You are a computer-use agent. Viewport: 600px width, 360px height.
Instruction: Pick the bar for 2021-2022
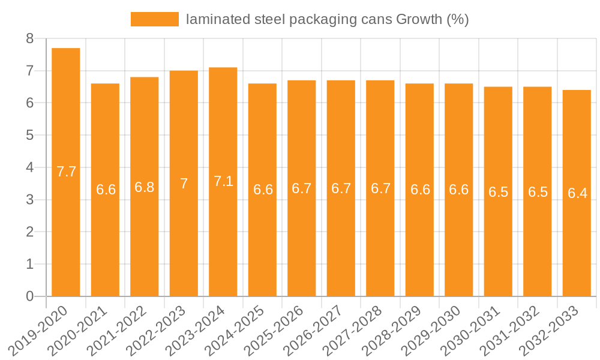145,187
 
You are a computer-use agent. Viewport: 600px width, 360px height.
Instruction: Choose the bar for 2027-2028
380,188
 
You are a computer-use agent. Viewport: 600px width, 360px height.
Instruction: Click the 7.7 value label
66,172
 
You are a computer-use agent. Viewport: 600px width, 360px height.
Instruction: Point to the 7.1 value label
223,181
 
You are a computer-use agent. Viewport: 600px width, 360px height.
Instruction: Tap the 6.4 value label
577,193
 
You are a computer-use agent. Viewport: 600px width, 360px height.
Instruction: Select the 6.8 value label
145,187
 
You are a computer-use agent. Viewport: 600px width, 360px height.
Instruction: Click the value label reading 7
184,184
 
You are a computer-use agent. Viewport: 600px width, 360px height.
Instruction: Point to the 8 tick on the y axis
29,39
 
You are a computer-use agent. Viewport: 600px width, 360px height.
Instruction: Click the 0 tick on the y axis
29,296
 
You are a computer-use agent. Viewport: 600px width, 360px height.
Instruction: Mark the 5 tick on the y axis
29,136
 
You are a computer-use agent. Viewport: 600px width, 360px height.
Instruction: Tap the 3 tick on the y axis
29,200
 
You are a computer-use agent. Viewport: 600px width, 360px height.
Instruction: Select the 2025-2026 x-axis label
275,331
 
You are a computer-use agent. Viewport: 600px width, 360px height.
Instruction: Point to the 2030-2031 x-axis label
472,331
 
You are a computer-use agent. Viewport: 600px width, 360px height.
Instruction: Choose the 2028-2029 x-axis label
394,331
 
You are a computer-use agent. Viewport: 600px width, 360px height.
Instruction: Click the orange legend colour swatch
155,19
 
